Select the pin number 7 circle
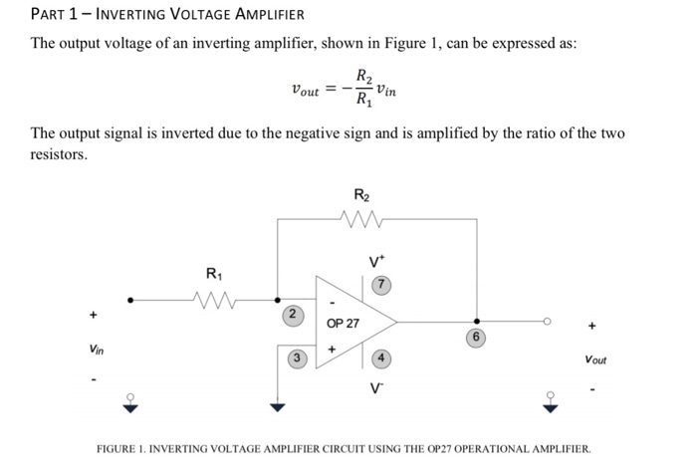point(379,286)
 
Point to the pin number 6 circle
point(477,338)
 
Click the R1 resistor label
point(213,273)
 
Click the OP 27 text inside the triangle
point(344,324)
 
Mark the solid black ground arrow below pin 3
point(278,405)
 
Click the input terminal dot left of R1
point(129,297)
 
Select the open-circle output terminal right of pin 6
point(546,322)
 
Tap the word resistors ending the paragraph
point(59,155)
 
